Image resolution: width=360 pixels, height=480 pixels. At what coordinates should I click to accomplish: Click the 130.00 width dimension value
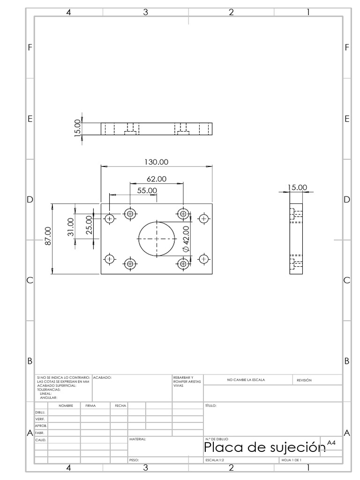coord(156,162)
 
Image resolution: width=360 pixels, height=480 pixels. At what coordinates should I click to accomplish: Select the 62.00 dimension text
coord(157,179)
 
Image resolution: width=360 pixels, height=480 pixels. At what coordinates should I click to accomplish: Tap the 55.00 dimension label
coord(147,190)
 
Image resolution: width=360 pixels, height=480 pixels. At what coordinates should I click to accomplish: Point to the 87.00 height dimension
coord(48,236)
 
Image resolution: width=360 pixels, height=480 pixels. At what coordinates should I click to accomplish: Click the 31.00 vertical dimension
coord(71,227)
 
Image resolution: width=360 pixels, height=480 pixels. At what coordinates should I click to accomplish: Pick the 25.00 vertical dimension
coord(89,225)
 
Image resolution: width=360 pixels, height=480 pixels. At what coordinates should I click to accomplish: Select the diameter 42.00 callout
coord(186,239)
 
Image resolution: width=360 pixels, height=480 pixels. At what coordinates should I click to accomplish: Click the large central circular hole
coord(138,239)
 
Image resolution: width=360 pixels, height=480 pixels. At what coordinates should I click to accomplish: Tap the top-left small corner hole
coord(109,218)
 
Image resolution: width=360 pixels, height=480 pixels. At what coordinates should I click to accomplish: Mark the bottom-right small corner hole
coord(203,259)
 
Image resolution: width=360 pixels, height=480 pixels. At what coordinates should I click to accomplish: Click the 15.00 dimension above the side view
coord(297,187)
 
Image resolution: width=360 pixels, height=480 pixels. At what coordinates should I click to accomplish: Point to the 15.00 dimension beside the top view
coord(77,128)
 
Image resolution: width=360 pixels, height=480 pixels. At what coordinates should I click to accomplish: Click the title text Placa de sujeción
coord(264,447)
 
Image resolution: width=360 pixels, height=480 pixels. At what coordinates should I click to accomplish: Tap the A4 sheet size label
coord(331,442)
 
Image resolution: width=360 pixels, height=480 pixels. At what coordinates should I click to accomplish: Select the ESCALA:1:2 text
coord(215,460)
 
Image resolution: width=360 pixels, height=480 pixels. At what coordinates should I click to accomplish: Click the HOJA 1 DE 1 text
coord(292,460)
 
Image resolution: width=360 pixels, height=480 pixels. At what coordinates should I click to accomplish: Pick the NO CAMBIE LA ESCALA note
coord(246,380)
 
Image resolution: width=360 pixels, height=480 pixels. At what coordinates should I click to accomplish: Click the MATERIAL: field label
coord(137,439)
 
